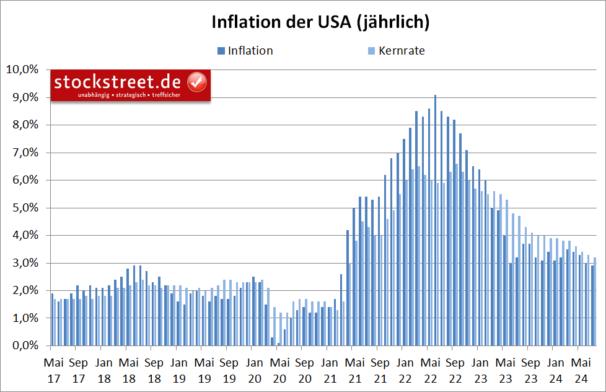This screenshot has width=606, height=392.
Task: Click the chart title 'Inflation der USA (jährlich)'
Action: (x=320, y=22)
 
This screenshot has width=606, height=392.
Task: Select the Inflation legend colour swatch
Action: (x=221, y=51)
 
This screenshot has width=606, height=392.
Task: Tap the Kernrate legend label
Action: (x=402, y=51)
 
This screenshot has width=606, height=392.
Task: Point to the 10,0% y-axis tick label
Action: (x=22, y=69)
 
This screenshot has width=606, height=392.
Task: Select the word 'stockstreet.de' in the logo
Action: (x=117, y=82)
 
